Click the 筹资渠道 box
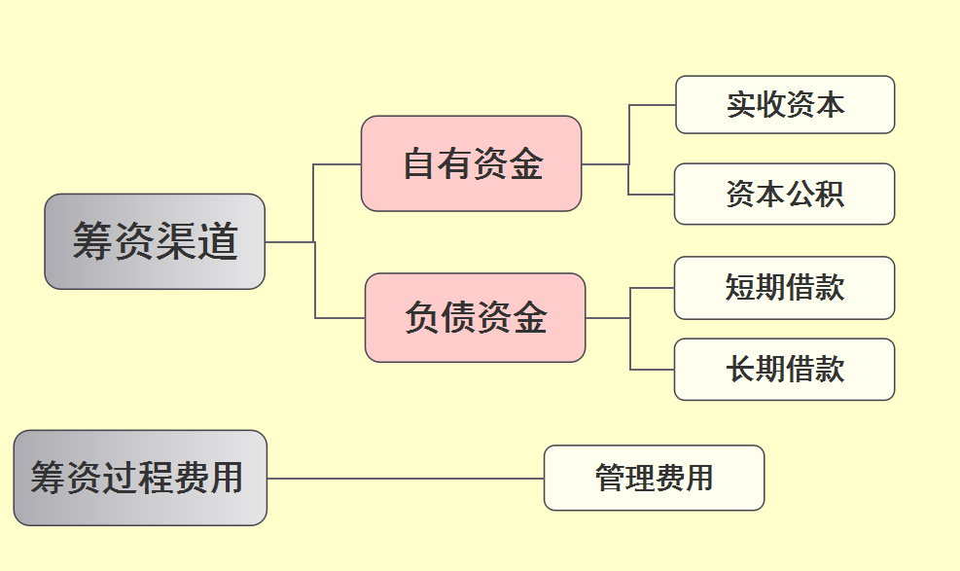click(155, 241)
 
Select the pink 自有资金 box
click(472, 163)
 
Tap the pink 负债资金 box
click(476, 318)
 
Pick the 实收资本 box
click(785, 105)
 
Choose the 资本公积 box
click(784, 194)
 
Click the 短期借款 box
click(784, 288)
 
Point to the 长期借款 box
click(784, 370)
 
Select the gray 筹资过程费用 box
click(140, 478)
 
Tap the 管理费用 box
click(654, 478)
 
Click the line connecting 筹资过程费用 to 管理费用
click(405, 479)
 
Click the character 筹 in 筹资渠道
click(92, 241)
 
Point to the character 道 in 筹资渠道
click(218, 241)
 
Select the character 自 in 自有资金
click(420, 163)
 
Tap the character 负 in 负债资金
click(422, 318)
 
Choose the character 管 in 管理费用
click(610, 478)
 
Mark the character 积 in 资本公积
click(829, 194)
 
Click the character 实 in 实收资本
click(741, 105)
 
